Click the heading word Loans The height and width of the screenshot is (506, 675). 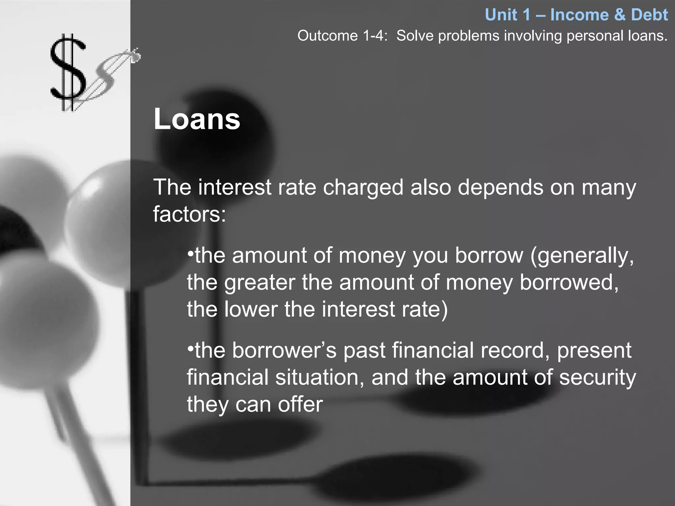(x=197, y=119)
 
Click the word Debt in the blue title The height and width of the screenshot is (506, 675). (x=649, y=15)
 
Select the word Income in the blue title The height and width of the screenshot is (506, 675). (x=579, y=15)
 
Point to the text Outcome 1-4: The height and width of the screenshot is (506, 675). (x=342, y=36)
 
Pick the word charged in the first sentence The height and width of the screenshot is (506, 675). (x=363, y=187)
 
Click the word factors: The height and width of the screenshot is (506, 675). (x=190, y=214)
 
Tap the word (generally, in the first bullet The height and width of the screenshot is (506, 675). (x=582, y=256)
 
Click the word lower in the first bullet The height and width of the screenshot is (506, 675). (x=251, y=309)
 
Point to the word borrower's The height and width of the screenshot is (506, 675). (x=284, y=350)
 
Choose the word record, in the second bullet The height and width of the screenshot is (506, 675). (x=515, y=350)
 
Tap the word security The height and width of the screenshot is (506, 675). (x=597, y=377)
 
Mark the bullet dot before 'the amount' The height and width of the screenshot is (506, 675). (x=190, y=254)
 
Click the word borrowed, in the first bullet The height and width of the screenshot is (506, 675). (x=569, y=283)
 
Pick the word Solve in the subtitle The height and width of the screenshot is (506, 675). (x=414, y=36)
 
